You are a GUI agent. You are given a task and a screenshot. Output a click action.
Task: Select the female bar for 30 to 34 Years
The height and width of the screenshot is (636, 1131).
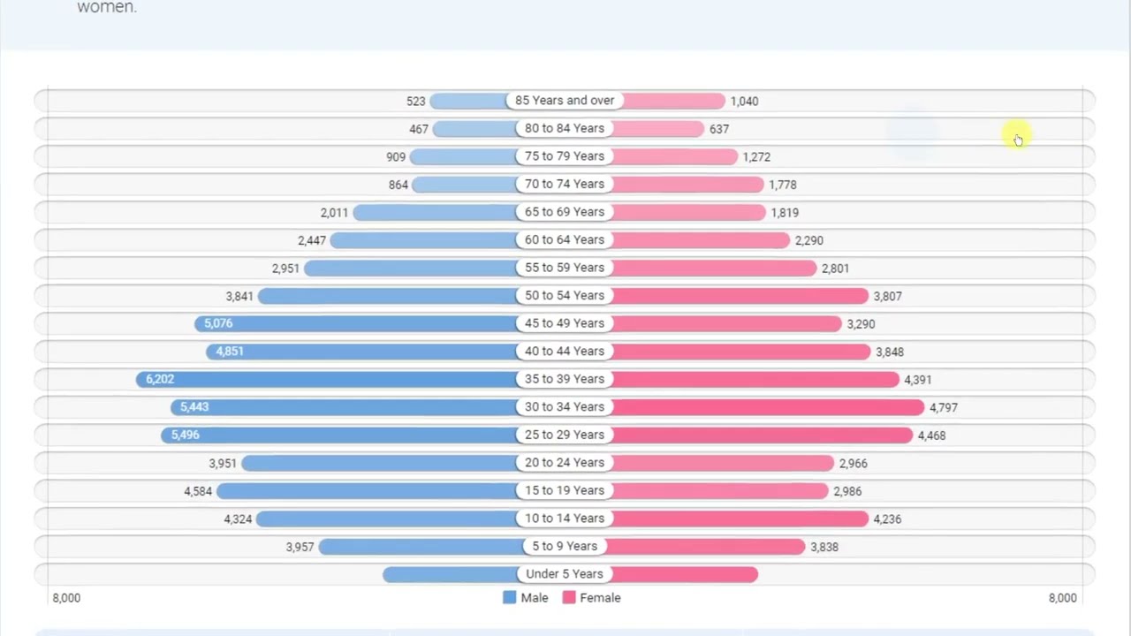tap(769, 407)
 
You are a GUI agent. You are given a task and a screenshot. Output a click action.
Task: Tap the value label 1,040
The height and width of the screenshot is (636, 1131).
tap(744, 102)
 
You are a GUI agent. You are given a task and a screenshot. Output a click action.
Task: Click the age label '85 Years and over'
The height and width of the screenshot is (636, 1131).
tap(565, 101)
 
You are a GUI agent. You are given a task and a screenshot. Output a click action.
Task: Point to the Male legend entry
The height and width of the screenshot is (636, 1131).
tap(526, 598)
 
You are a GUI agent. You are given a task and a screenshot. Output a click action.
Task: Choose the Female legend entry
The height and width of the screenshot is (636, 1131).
tap(592, 598)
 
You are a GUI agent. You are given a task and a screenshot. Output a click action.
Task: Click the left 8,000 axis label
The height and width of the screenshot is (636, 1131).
tap(66, 598)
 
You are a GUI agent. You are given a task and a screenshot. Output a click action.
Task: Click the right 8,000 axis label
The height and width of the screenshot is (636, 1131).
tap(1062, 598)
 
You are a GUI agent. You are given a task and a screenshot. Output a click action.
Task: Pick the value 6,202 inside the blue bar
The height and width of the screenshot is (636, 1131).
tap(160, 379)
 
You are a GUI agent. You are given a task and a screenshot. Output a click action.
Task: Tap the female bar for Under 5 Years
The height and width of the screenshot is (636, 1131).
tap(685, 574)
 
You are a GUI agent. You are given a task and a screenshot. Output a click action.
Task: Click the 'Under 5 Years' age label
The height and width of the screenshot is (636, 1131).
tap(565, 574)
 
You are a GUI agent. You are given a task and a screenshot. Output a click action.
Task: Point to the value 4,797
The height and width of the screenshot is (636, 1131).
tap(943, 408)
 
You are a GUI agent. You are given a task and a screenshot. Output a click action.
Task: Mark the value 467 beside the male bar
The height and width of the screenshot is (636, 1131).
tap(419, 129)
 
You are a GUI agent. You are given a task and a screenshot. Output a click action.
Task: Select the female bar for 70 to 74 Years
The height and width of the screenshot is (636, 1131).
tap(687, 185)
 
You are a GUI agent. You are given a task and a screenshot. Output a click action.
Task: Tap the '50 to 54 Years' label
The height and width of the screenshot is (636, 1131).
tap(565, 296)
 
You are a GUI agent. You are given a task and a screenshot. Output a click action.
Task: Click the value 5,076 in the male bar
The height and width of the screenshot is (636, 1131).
tap(218, 323)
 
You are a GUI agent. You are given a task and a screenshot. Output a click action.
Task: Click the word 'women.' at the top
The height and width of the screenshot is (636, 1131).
tap(107, 8)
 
